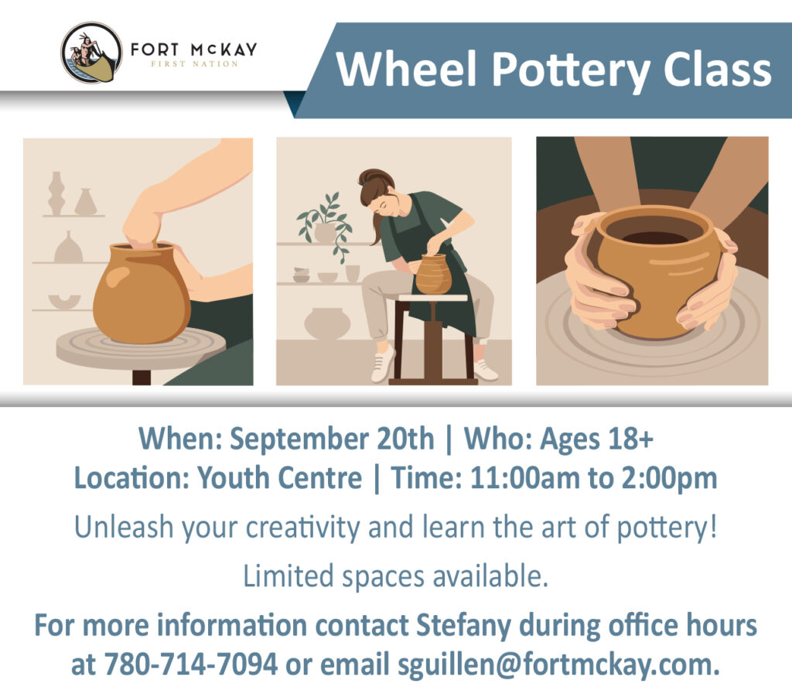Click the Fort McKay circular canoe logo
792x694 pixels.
tap(91, 53)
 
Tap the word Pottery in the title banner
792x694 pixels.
tap(571, 70)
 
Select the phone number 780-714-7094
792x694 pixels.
tap(191, 664)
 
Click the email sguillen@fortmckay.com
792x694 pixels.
tap(558, 665)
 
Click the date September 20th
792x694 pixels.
tap(332, 439)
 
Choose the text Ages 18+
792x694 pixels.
tap(596, 439)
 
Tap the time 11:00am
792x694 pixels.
tap(525, 478)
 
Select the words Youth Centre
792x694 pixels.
tap(280, 478)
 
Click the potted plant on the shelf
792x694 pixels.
tap(326, 226)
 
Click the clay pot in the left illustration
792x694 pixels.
tap(142, 293)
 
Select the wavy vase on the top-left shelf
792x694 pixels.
tap(56, 193)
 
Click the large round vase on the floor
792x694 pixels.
tap(327, 323)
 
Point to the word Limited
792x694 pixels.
tap(288, 576)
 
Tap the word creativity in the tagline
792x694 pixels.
tap(302, 528)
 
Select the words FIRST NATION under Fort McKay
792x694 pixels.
tap(194, 64)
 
